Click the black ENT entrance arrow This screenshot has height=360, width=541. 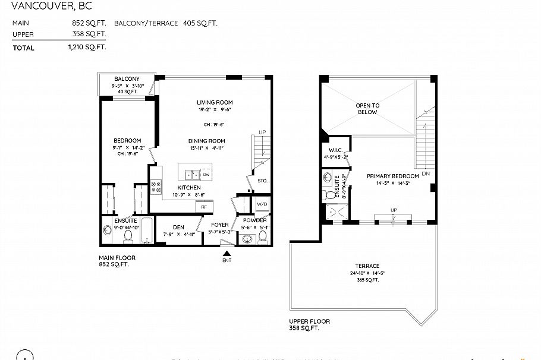point(227,254)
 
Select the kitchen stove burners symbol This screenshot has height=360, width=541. point(156,188)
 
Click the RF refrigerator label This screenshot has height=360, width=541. point(203,207)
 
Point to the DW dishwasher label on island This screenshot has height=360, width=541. point(206,175)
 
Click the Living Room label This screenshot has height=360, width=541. point(215,102)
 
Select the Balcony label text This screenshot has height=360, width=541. point(127,79)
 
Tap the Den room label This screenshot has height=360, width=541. point(178,227)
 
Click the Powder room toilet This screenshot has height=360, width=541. point(262,239)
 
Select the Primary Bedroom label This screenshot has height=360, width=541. point(392,176)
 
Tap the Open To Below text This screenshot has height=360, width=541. point(367,109)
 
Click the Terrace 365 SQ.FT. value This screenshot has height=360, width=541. point(367,279)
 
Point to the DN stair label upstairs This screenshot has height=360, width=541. point(424,174)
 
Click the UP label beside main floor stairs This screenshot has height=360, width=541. point(262,132)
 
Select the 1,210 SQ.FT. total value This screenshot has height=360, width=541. point(87,48)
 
